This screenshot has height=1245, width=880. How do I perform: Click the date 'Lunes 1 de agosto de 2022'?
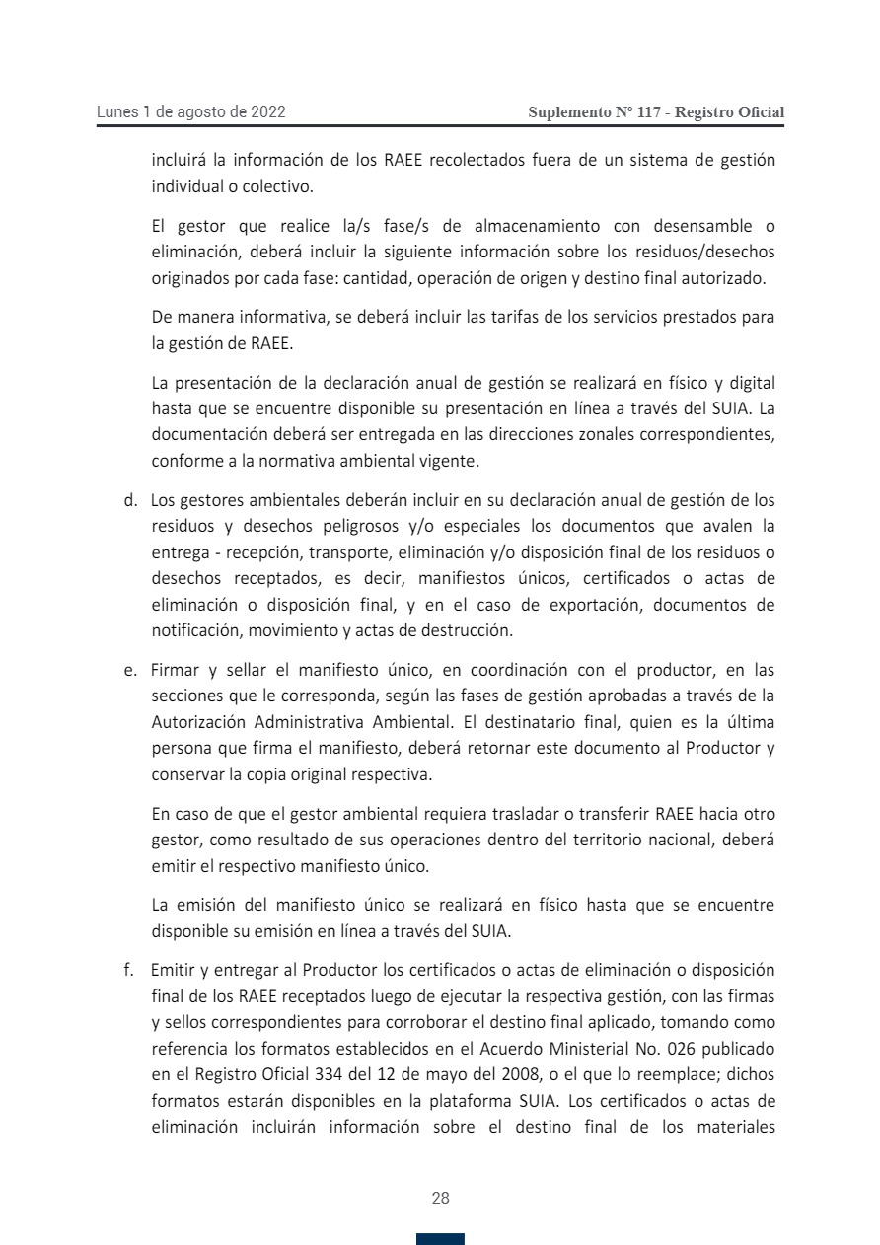(x=191, y=112)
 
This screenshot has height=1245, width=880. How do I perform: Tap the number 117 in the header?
(x=649, y=112)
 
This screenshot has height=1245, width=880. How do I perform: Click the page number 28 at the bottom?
(x=440, y=1199)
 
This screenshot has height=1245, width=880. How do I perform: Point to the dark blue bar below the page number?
(x=440, y=1239)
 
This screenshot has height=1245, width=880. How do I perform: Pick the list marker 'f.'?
(x=129, y=971)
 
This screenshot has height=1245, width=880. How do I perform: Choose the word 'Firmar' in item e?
(x=176, y=672)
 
